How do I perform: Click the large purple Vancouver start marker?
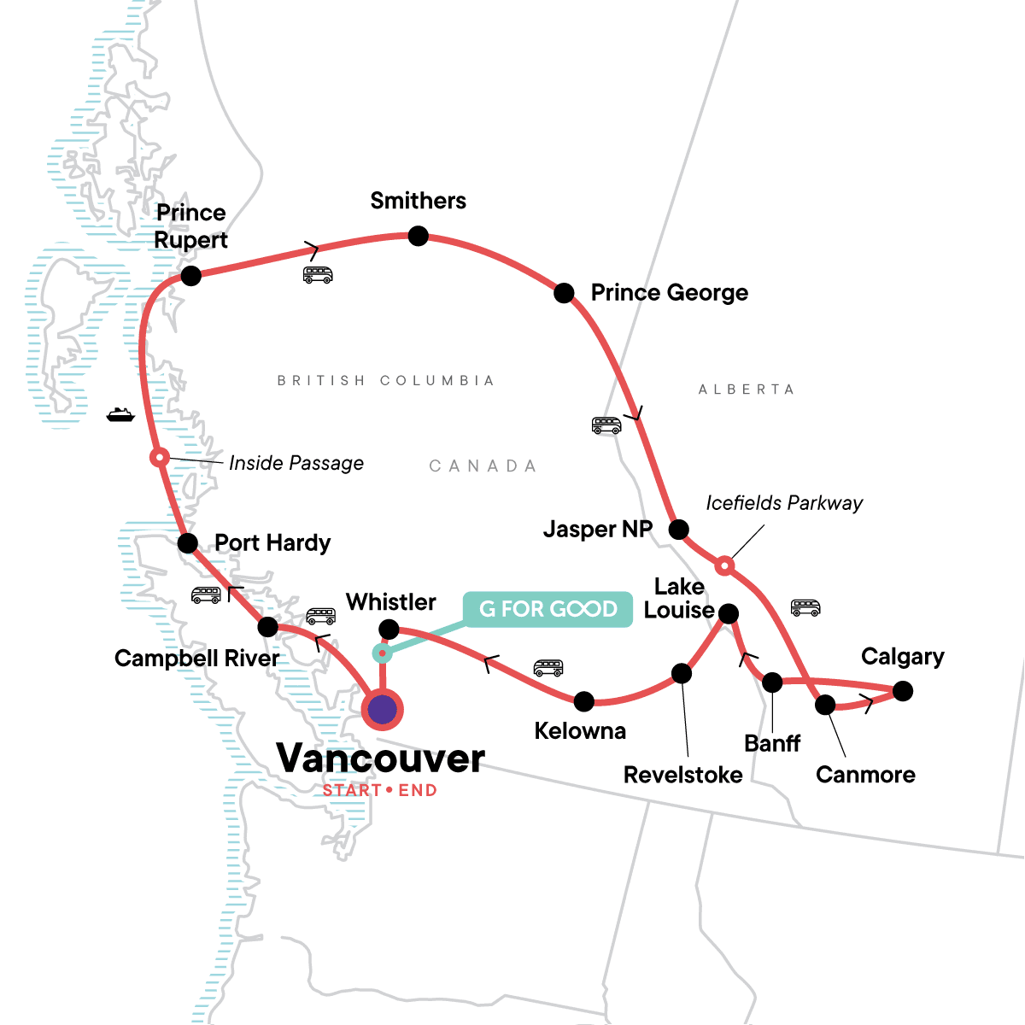[x=383, y=709]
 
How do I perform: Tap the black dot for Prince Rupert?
[x=190, y=276]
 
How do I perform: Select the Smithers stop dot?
[x=418, y=236]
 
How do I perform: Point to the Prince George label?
[x=669, y=293]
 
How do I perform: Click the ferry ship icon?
[x=120, y=414]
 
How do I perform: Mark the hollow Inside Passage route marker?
[x=158, y=458]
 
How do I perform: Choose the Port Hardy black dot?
[x=188, y=542]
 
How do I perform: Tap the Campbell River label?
[x=196, y=659]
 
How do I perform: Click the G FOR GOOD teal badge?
[x=548, y=609]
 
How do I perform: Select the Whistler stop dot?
[x=389, y=630]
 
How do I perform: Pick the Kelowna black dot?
[x=583, y=701]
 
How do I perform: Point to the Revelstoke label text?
[x=682, y=775]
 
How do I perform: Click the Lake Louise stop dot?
[x=728, y=613]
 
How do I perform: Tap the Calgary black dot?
[x=902, y=690]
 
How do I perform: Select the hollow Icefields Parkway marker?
[x=724, y=565]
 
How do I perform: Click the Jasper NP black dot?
[x=678, y=530]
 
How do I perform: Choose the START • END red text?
[x=380, y=791]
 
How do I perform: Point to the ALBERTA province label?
[x=747, y=389]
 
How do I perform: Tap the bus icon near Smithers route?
[x=318, y=275]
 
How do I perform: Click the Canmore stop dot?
[x=825, y=705]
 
